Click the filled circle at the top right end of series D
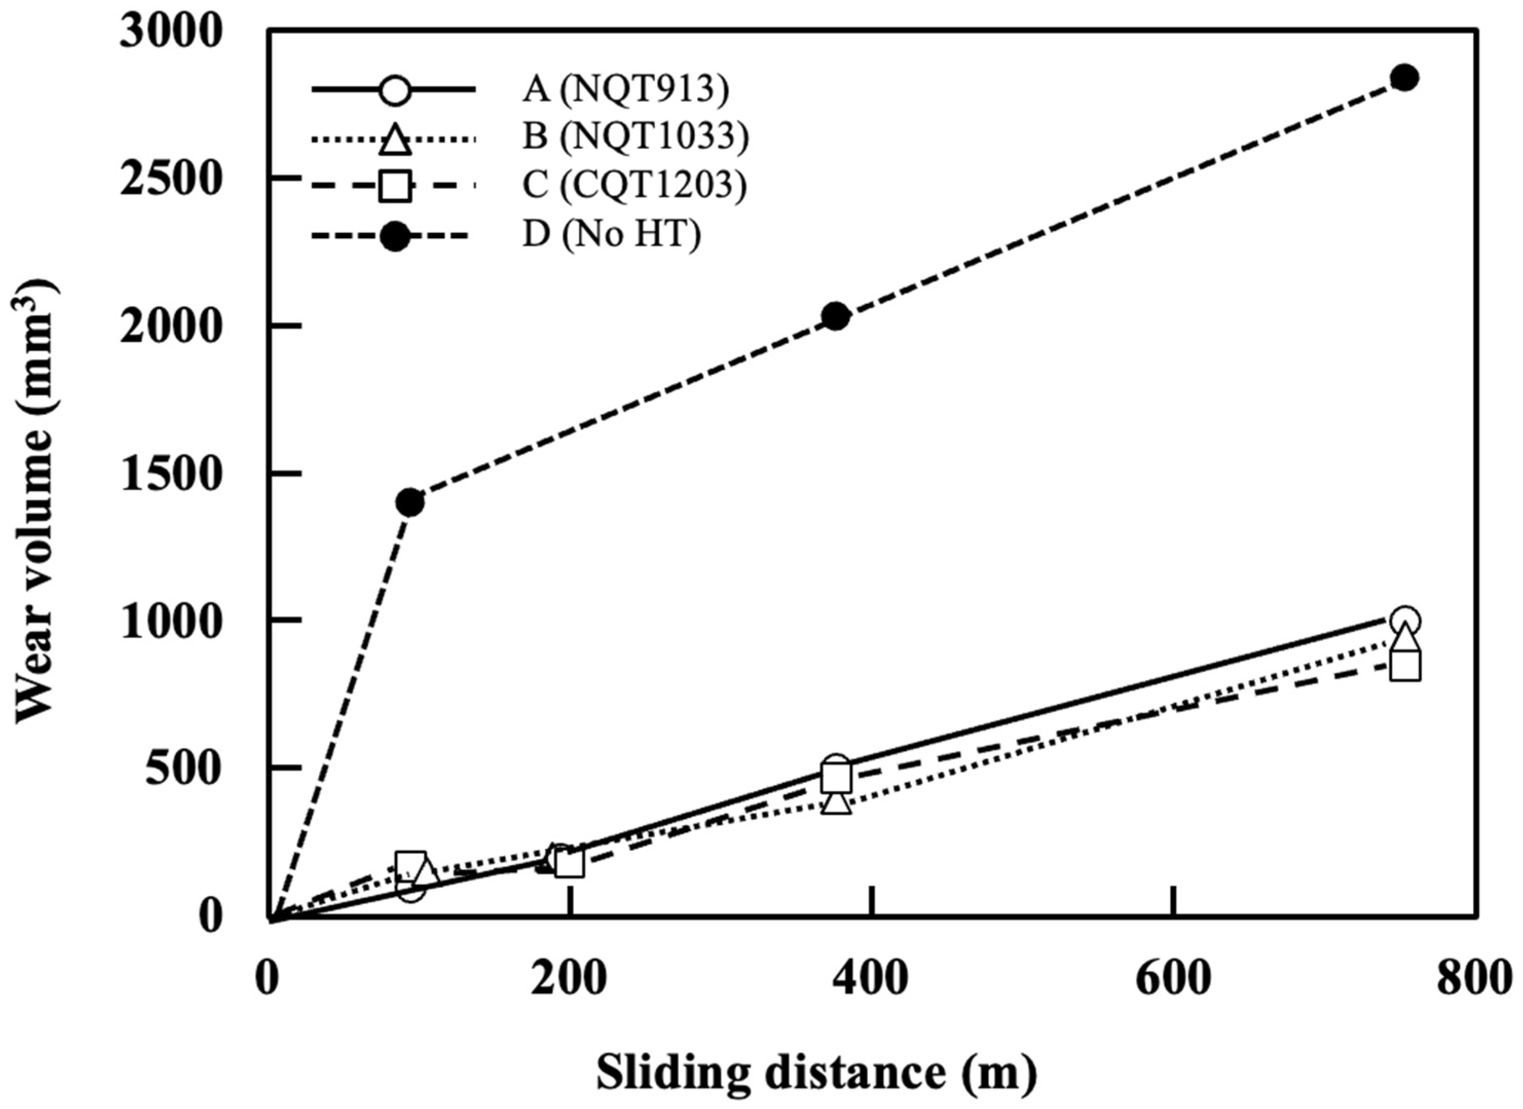1405,96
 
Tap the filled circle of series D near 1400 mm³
410,502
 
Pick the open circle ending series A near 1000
1405,621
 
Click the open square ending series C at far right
1405,666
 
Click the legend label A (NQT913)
625,89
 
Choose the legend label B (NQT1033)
636,138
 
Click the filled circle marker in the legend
395,236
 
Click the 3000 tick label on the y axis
170,31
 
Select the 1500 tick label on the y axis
170,474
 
